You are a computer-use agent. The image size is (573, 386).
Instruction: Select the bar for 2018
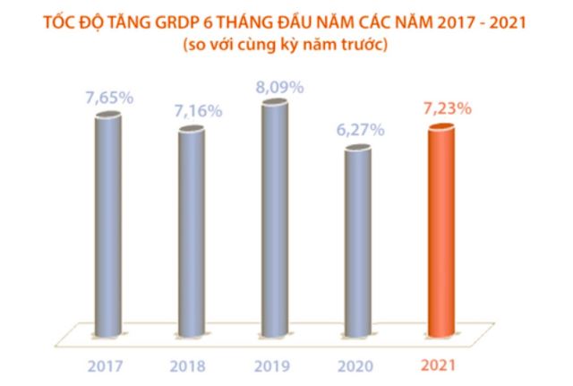(x=191, y=233)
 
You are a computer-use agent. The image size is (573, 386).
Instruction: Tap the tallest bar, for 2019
(x=275, y=219)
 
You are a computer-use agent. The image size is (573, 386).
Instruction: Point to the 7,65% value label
(x=108, y=98)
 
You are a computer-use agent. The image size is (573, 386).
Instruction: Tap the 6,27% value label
(x=358, y=130)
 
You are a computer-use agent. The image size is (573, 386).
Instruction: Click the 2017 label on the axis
(x=107, y=366)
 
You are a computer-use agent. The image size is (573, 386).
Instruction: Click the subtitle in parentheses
(x=286, y=45)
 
